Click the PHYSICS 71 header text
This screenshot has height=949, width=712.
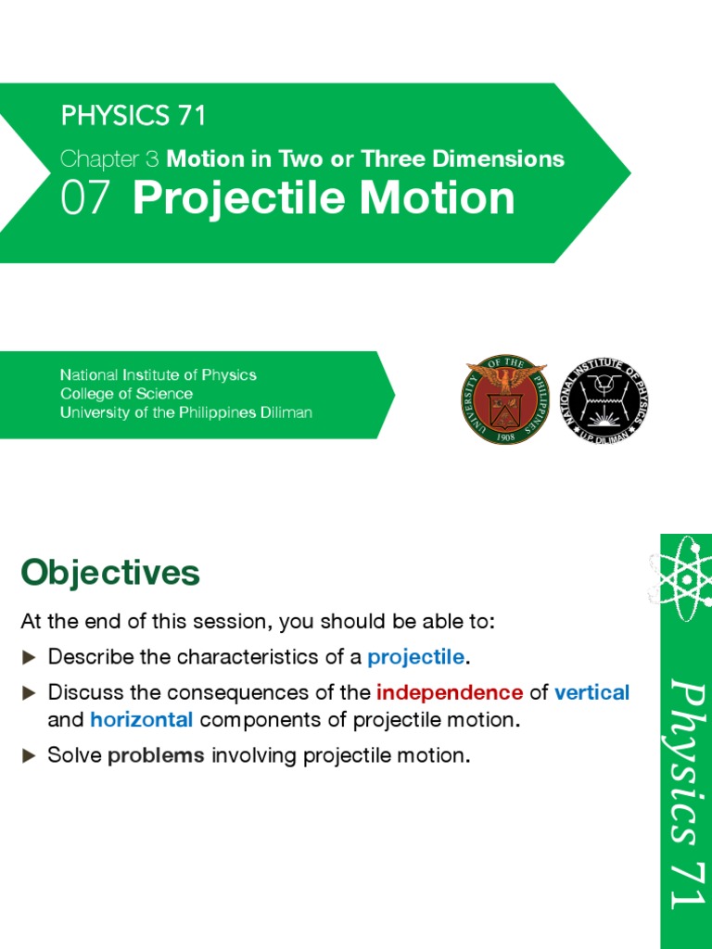coord(133,117)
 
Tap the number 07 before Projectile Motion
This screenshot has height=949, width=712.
coord(85,198)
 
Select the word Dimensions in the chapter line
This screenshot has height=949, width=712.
coord(505,158)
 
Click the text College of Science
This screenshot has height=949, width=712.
coord(126,394)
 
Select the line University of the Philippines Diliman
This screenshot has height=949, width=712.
coord(185,412)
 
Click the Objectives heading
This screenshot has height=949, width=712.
coord(109,573)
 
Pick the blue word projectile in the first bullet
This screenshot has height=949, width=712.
coord(415,657)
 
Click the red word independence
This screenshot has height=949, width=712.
coord(450,691)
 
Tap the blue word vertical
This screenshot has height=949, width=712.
coord(591,691)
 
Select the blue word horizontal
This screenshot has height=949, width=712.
coord(141,719)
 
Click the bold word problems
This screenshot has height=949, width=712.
coord(156,755)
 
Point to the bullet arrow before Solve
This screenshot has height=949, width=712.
coord(29,755)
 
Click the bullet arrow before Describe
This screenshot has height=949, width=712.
coord(29,657)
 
